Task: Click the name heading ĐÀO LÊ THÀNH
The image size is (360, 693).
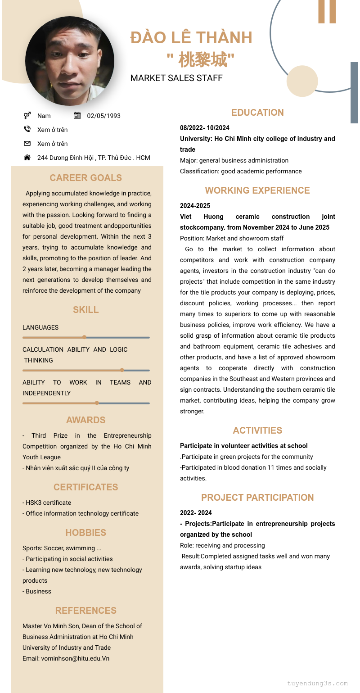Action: pos(191,37)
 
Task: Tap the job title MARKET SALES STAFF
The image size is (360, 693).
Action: pos(176,78)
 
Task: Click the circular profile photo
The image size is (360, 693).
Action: pos(70,61)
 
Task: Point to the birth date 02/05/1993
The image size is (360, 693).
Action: pos(103,116)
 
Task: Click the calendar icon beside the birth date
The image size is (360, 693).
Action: pos(77,116)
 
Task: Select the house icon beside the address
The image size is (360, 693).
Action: pos(27,158)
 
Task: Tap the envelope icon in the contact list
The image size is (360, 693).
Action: pos(27,144)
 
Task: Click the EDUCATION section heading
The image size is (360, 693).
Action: pos(257,113)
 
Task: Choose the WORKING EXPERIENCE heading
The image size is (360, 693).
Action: pos(257,190)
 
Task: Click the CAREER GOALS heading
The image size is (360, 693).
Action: pos(85,178)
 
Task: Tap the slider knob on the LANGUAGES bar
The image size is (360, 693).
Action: pos(84,337)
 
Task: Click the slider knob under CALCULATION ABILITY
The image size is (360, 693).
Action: pos(122,370)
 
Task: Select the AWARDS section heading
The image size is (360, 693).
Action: pos(85,420)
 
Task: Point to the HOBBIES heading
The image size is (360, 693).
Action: pos(85,533)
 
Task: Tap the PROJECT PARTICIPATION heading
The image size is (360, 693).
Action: pos(257,498)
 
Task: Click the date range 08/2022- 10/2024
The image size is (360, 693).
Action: pos(205,128)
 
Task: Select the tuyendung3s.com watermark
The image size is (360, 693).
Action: pos(317,683)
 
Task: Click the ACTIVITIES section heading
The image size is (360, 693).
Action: pos(257,430)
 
